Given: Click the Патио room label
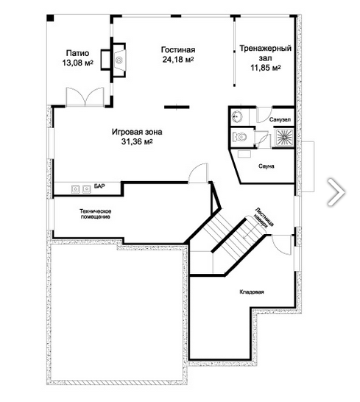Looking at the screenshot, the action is [78, 53].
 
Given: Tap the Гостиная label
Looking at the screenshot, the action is [178, 49].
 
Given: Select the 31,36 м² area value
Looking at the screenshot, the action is [137, 141].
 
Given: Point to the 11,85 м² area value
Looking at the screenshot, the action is [265, 68].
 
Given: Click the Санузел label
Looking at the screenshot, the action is [280, 120].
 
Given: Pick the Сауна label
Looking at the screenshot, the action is [267, 166].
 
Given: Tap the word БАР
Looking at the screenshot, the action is [99, 186].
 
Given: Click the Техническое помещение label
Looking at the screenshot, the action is [96, 214].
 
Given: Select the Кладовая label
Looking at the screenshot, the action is [252, 292].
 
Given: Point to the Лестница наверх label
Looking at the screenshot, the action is [264, 217].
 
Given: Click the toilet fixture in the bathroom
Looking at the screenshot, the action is [239, 137].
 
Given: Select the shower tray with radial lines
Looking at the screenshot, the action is [284, 138].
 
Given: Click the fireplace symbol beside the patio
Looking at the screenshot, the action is [119, 60].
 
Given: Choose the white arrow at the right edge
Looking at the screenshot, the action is [336, 192].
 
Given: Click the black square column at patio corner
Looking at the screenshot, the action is [50, 18].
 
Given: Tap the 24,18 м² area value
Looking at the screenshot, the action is [178, 60].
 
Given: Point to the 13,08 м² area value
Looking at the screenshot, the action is [78, 63].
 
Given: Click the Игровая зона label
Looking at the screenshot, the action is [137, 132].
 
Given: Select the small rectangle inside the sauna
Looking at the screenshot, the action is [244, 155].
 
